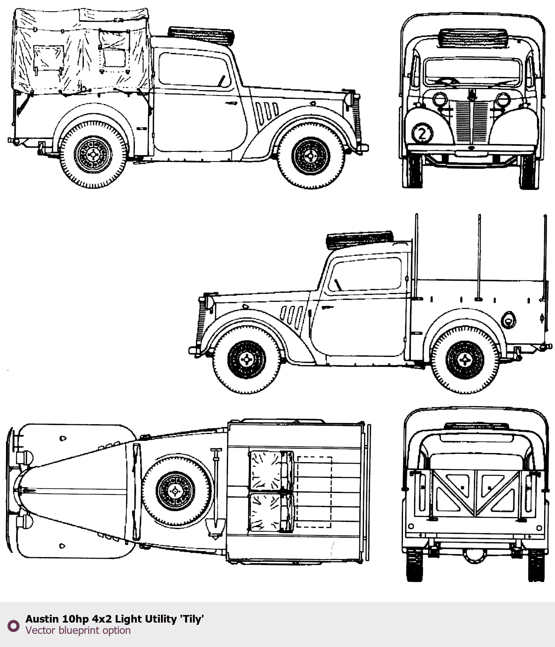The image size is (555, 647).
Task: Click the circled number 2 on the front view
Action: tap(422, 134)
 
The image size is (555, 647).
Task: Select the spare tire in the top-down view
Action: tap(176, 490)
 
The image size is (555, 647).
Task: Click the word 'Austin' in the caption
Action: tap(42, 619)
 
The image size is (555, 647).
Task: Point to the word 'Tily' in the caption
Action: tap(192, 619)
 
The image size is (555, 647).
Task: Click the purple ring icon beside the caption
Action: tap(14, 626)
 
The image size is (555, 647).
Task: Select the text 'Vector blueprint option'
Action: tap(78, 630)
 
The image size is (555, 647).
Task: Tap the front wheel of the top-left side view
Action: tap(311, 156)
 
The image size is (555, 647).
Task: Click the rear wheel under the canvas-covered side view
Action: tap(93, 154)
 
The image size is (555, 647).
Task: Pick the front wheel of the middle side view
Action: tap(246, 360)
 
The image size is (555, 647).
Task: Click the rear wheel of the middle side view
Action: tap(465, 360)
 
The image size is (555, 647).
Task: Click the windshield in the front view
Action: tap(472, 73)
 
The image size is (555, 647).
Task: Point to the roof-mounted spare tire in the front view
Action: tap(473, 38)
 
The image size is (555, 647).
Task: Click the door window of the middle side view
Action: tap(365, 275)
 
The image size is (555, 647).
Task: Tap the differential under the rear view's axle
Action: tap(475, 555)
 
